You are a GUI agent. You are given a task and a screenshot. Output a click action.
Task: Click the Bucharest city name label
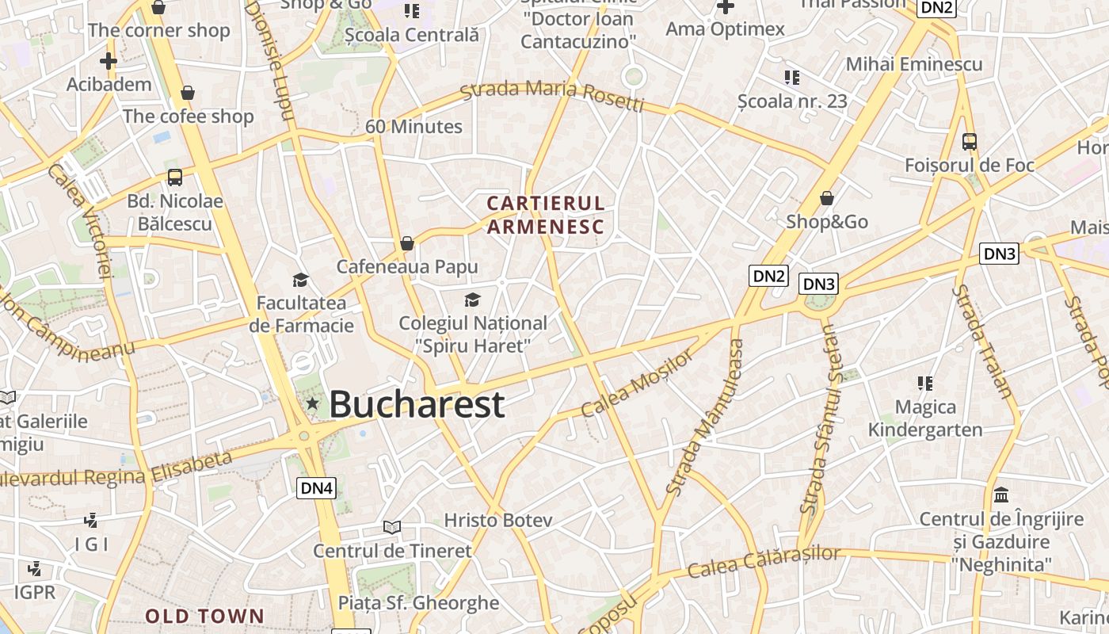tap(416, 404)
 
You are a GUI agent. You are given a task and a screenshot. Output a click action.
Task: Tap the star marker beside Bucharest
tap(313, 404)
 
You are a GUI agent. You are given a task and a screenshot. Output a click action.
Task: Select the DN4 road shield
tap(316, 488)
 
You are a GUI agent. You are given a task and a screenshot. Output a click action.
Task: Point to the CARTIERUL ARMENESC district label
tap(546, 215)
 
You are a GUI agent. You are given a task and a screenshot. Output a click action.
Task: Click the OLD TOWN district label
tap(204, 616)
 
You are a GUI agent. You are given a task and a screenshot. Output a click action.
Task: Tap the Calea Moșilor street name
tap(636, 384)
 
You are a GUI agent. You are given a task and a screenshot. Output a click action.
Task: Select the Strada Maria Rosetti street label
tap(552, 94)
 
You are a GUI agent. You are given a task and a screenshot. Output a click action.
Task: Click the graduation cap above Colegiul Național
tap(472, 300)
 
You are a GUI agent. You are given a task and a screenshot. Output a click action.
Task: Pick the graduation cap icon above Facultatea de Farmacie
tap(300, 280)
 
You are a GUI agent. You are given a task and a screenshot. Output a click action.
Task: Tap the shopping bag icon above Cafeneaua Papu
tap(407, 243)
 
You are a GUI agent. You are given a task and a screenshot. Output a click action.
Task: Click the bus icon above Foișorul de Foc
tap(970, 142)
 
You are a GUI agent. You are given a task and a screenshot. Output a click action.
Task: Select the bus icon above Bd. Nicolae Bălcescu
tap(175, 178)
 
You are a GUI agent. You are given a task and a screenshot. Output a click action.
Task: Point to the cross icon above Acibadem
tap(109, 60)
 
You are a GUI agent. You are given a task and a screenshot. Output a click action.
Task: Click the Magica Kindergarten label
tap(925, 418)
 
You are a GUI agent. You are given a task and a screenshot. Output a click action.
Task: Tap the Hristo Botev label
tap(498, 521)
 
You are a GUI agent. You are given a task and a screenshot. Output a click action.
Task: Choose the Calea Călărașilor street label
tap(763, 561)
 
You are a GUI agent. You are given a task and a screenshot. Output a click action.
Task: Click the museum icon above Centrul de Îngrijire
tap(1001, 495)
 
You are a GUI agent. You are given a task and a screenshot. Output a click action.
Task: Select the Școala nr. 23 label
tap(792, 101)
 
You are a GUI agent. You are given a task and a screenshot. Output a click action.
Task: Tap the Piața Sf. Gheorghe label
tap(419, 603)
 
